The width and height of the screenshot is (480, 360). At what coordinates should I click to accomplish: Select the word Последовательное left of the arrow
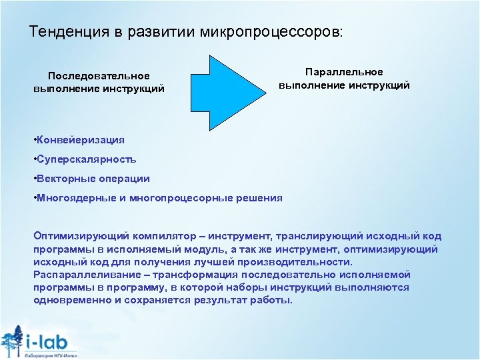(x=99, y=76)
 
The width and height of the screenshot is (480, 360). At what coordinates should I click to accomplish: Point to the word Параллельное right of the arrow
(x=344, y=72)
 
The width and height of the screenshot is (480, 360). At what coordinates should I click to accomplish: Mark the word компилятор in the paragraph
(x=171, y=237)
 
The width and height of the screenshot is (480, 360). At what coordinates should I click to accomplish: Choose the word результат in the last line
(x=221, y=300)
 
